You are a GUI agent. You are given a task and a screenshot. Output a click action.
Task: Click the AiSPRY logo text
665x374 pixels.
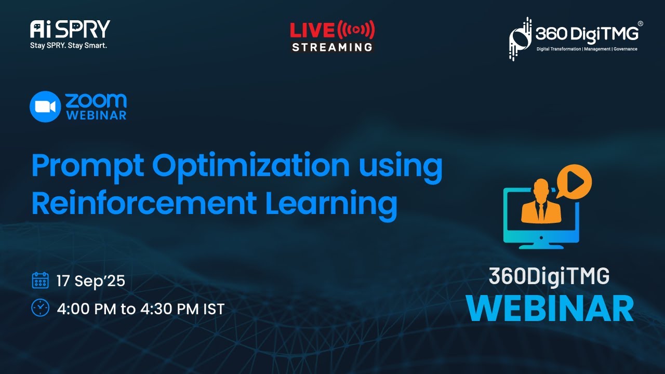point(70,29)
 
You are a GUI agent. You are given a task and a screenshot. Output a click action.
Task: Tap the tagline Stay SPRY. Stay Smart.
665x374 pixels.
point(69,45)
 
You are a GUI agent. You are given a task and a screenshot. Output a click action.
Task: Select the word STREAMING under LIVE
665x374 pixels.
point(332,47)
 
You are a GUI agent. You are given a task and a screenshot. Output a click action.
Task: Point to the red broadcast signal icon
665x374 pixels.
point(356,30)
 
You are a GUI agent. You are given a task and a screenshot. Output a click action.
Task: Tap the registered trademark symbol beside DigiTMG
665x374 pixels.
point(640,24)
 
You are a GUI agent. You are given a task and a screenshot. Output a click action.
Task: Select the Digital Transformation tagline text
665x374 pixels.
point(587,49)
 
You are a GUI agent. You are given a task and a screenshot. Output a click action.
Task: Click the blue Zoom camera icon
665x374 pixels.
point(45,106)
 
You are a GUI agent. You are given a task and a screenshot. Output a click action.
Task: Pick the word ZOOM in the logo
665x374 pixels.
point(96,100)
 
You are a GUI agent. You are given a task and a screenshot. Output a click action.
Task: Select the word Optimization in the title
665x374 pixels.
point(251,166)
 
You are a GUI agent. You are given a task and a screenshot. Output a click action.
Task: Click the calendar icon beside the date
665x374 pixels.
point(40,280)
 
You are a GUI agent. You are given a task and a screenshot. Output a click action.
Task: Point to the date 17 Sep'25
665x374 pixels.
point(91,281)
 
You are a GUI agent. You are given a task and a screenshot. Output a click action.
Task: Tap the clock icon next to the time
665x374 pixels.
point(40,308)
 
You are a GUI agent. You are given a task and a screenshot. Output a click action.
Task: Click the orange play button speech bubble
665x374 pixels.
point(574,182)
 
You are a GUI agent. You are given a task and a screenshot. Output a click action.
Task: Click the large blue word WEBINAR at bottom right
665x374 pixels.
point(550,308)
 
